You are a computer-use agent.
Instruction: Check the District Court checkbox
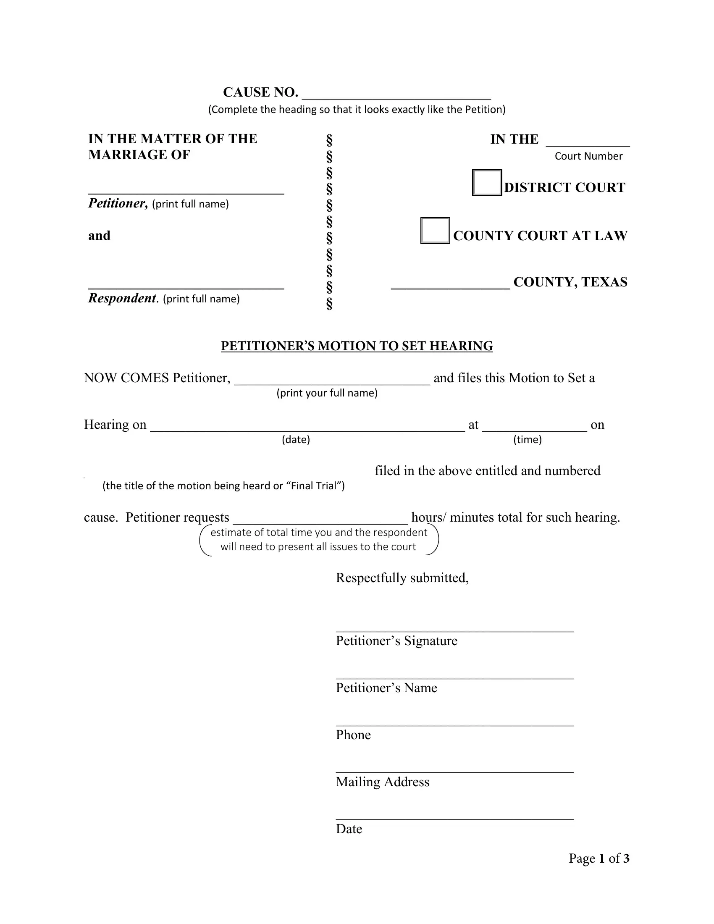[x=487, y=183]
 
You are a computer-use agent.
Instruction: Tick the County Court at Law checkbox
[x=435, y=231]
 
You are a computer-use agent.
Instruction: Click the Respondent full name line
[x=186, y=284]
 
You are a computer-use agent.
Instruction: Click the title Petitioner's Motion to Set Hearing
[x=357, y=346]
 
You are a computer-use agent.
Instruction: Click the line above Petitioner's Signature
[x=455, y=627]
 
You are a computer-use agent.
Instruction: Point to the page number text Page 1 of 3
[x=599, y=858]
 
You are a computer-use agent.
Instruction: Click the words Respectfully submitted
[x=402, y=577]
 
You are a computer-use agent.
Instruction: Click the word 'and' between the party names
[x=100, y=236]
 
